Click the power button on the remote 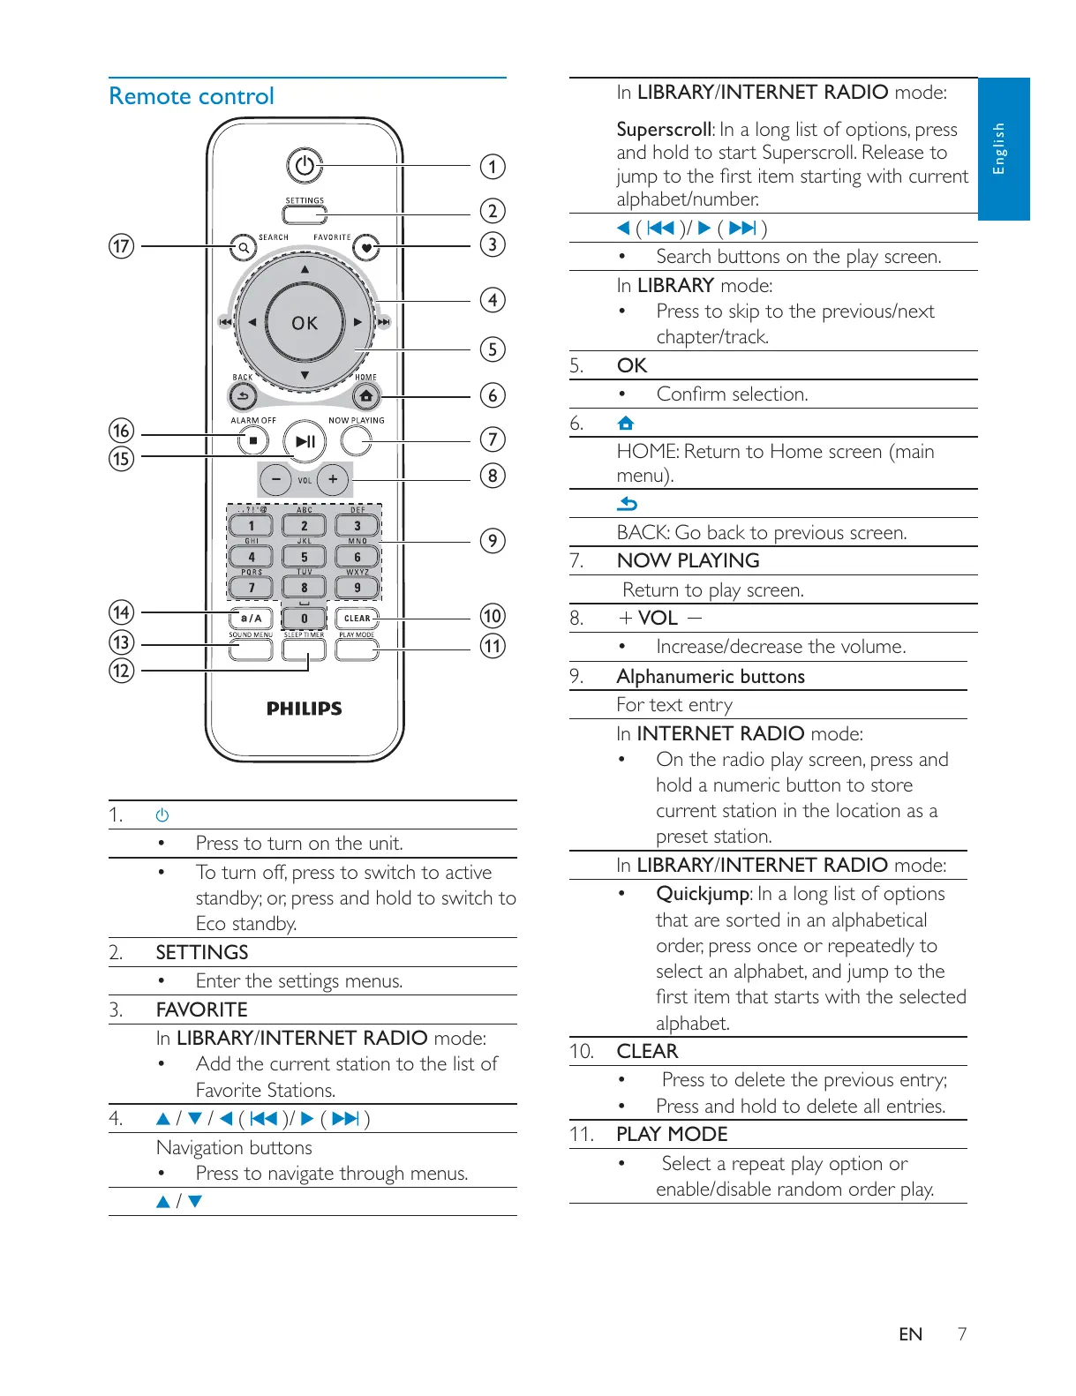(x=304, y=166)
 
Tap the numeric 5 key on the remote (x=305, y=557)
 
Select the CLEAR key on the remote (x=357, y=618)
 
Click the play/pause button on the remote (x=305, y=441)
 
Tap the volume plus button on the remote (x=333, y=479)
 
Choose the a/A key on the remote (x=252, y=618)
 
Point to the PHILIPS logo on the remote (x=305, y=709)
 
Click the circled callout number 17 (x=121, y=246)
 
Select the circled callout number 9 (x=493, y=541)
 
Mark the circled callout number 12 (x=121, y=671)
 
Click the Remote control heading (x=192, y=96)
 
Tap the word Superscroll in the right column (x=663, y=130)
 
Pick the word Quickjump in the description (x=703, y=894)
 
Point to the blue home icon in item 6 (x=626, y=424)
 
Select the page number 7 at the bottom (x=962, y=1333)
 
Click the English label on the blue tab (x=1000, y=148)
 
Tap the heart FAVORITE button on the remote (x=365, y=248)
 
